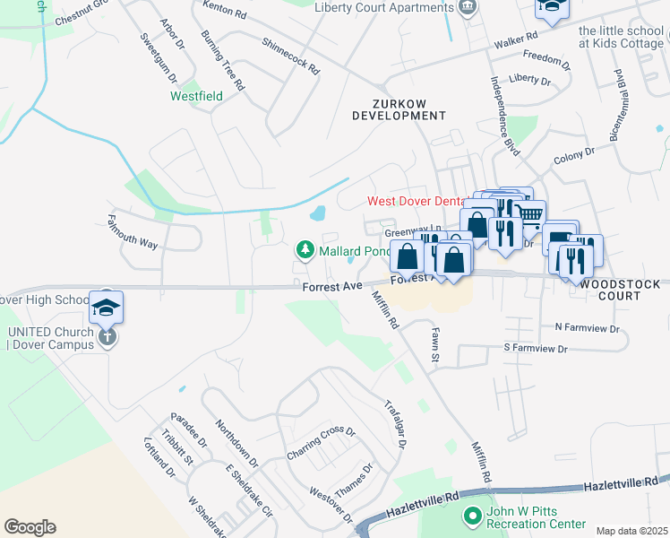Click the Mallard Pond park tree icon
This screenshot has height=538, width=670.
(305, 249)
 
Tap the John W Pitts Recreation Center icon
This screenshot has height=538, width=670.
(472, 516)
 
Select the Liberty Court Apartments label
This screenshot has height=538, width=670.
(384, 8)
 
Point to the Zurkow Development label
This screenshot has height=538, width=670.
(399, 109)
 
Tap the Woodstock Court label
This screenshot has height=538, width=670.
(621, 291)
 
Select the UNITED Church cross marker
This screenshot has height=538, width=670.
(106, 338)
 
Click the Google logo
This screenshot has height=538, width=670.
(30, 527)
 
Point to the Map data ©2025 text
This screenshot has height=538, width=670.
(631, 531)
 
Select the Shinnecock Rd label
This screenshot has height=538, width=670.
(291, 55)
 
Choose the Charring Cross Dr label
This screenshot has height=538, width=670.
(321, 442)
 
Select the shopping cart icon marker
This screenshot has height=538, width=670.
(530, 213)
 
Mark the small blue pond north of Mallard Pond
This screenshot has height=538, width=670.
(317, 214)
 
